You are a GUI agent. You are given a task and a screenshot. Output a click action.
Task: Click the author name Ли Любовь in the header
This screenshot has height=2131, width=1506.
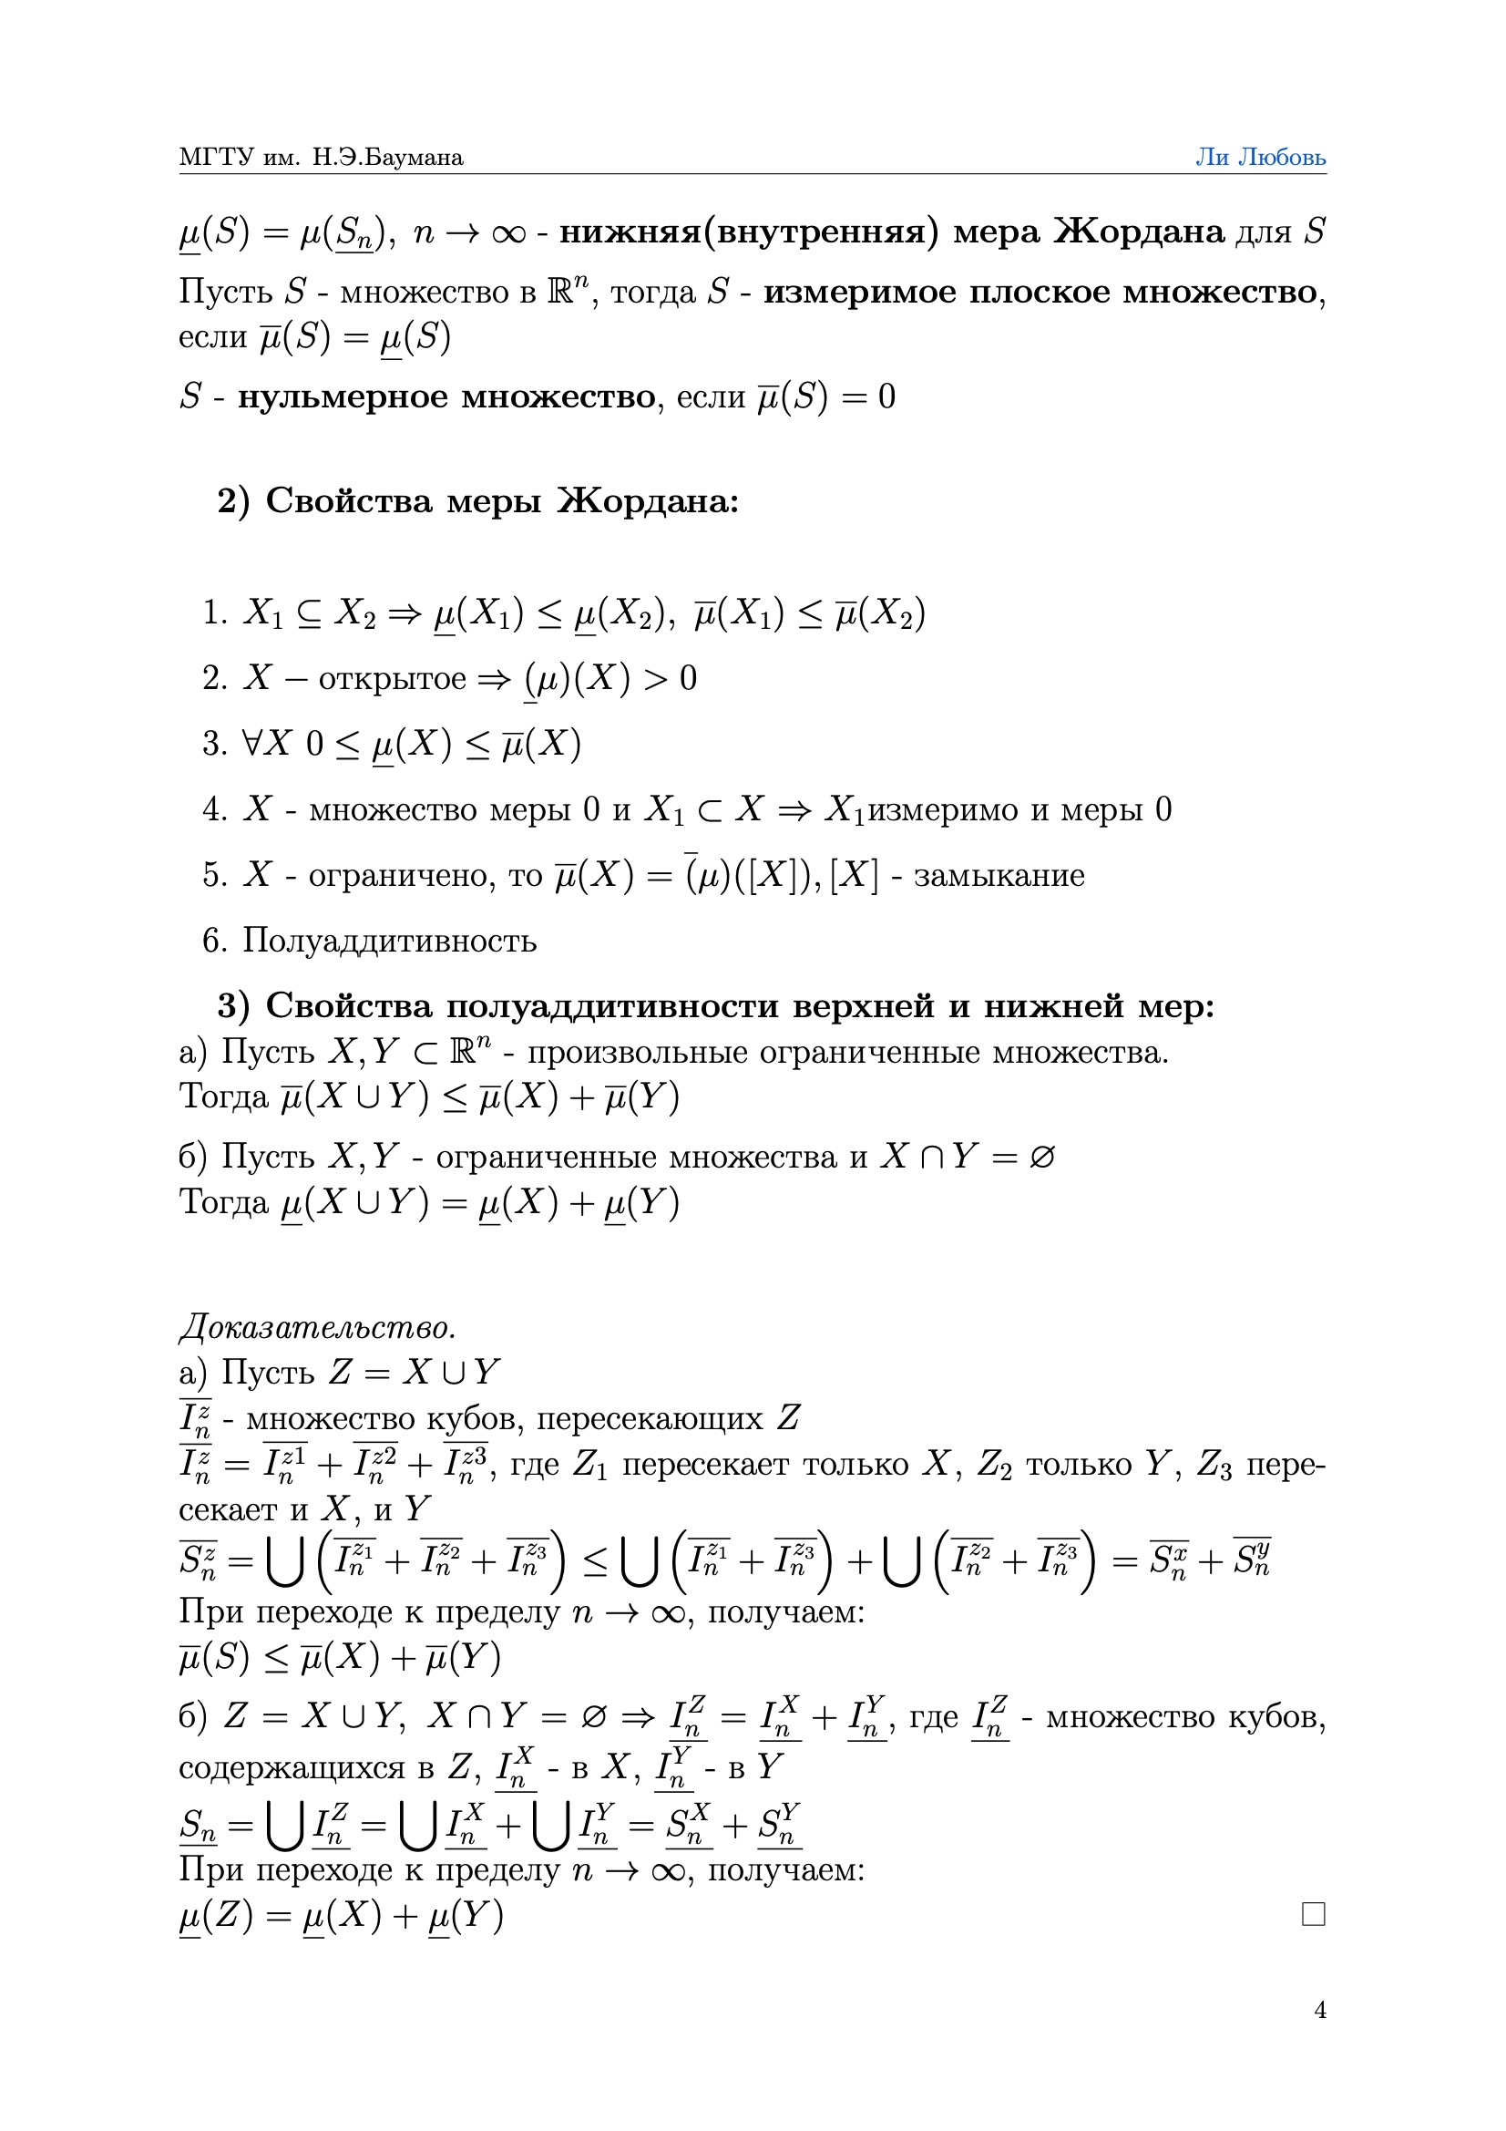click(1260, 157)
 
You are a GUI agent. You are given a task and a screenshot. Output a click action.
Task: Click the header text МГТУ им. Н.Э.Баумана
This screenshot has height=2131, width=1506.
click(321, 157)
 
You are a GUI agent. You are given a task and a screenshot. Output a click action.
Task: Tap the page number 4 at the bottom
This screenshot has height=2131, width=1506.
click(1319, 2011)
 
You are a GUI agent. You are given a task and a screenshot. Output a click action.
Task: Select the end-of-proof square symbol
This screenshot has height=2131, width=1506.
click(1313, 1914)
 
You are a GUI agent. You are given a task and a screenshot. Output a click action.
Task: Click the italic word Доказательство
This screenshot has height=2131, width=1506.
click(317, 1327)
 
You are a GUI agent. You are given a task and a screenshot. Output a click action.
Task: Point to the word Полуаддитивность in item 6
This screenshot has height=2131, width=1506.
click(390, 941)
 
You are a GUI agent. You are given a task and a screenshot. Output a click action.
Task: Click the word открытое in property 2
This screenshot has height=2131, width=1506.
click(392, 678)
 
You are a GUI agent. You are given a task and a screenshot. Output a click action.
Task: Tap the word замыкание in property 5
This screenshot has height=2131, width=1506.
click(999, 875)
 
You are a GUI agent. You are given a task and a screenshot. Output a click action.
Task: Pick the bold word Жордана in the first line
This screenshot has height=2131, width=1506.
click(1139, 232)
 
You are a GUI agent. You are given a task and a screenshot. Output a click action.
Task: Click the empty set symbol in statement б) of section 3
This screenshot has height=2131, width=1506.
click(1042, 1158)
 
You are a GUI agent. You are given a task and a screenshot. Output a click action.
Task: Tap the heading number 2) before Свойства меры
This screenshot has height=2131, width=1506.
click(233, 501)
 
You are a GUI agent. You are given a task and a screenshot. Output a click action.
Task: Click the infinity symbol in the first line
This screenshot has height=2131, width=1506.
click(508, 233)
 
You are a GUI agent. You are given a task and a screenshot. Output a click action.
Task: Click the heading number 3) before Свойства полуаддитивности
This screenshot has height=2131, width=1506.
click(233, 1006)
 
